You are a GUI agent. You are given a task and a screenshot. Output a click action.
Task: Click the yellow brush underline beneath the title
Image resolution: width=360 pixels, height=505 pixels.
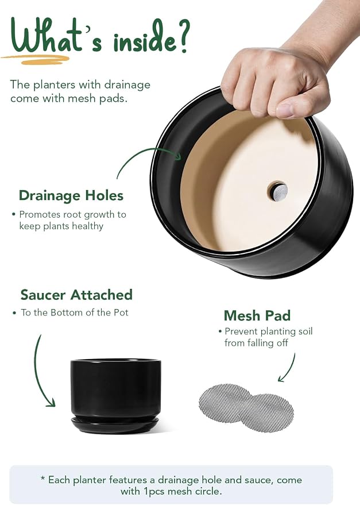pos(36,59)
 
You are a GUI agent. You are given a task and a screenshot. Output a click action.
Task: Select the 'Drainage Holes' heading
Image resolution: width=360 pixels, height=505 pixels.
pos(71,195)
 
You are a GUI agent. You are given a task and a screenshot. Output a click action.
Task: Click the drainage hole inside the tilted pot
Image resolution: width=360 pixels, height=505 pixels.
pos(277,191)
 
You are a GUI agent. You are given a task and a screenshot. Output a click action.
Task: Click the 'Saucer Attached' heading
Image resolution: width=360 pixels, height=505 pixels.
pos(76,295)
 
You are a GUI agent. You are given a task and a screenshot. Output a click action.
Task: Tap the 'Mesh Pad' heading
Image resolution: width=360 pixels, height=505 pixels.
pos(257,315)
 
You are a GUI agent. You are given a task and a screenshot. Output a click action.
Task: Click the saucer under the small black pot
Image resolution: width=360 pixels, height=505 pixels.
pos(115,425)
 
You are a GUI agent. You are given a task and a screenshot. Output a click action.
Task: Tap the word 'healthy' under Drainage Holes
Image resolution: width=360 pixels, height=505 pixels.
pos(87,226)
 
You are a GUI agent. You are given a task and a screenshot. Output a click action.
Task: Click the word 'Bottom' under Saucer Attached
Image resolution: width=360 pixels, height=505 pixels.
pos(65,313)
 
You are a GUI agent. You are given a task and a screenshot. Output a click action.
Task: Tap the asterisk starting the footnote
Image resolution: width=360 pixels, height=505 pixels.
pos(42,479)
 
